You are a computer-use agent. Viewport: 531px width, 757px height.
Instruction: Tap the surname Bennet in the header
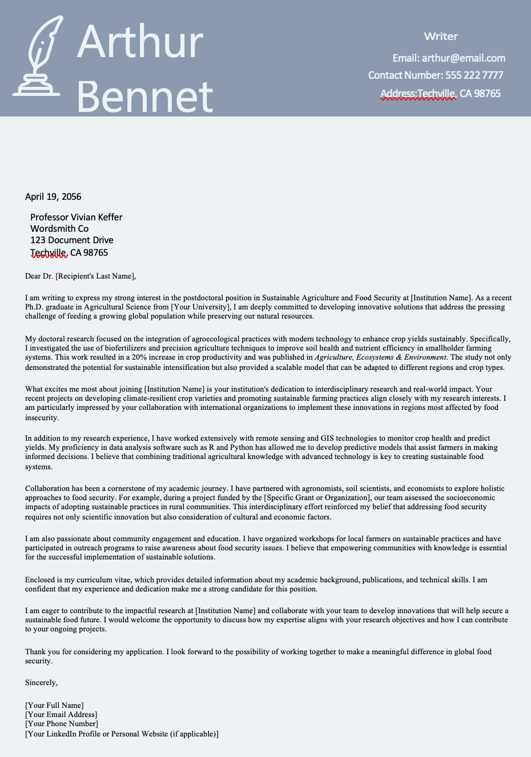click(144, 96)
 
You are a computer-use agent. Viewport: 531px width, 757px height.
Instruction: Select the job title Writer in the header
click(441, 37)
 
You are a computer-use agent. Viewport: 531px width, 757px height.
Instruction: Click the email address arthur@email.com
click(463, 58)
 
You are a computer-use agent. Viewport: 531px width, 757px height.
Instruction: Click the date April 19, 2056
click(53, 197)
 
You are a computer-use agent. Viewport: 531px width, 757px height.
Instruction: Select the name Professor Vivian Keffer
click(76, 218)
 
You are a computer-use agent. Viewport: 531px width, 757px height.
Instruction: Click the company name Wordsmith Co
click(59, 229)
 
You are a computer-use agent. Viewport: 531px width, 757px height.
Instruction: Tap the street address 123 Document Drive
click(71, 240)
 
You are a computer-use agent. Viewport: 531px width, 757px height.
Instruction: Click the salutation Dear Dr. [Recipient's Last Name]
click(81, 276)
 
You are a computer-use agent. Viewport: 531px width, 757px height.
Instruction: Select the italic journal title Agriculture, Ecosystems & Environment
click(380, 357)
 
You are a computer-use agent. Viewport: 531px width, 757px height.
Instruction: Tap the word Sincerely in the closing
click(41, 683)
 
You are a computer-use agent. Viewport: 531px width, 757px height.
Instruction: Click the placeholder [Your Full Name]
click(54, 706)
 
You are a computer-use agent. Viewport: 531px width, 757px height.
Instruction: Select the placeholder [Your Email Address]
click(61, 715)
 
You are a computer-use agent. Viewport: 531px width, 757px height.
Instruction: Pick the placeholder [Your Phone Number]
click(62, 724)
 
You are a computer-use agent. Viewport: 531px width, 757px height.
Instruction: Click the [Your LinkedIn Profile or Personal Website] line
click(122, 734)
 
